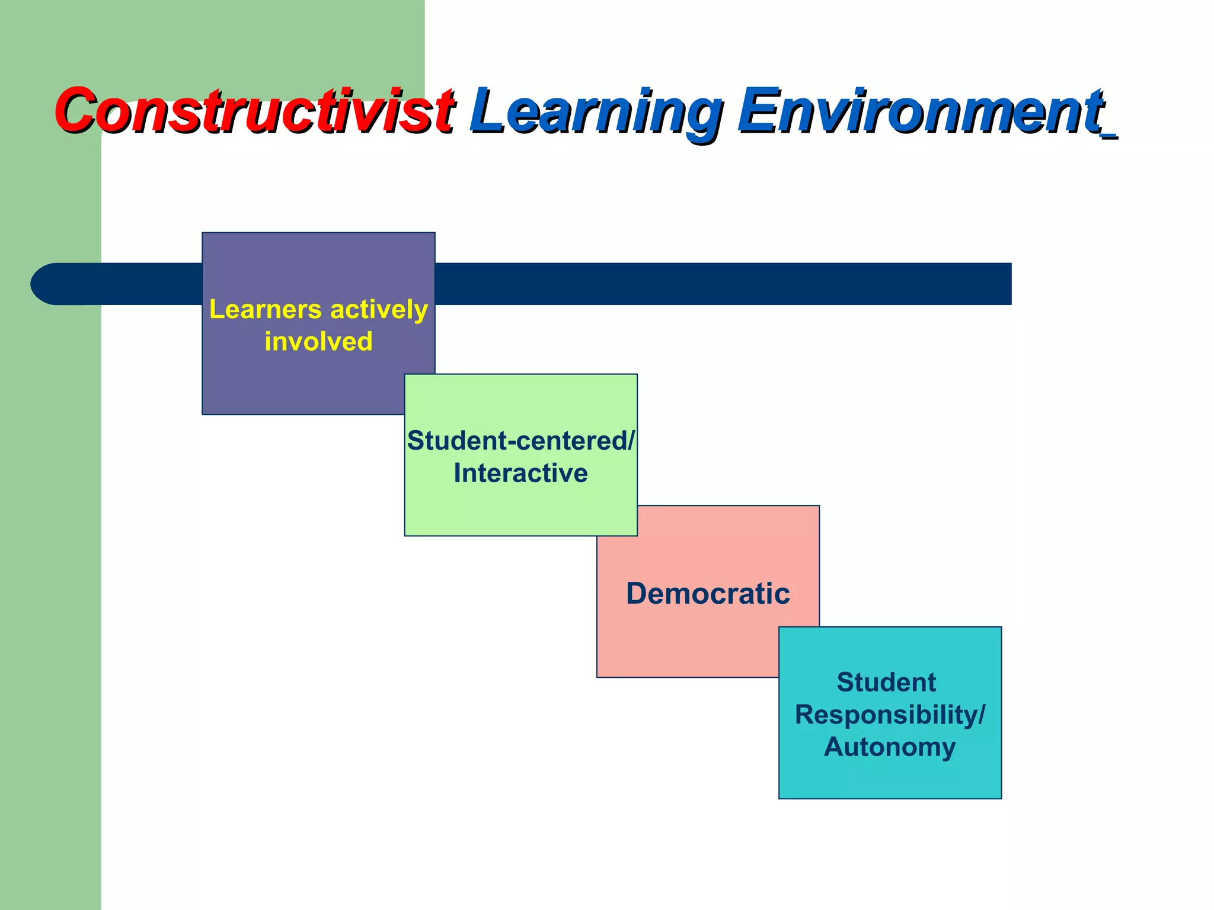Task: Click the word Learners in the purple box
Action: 265,310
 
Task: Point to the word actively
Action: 379,310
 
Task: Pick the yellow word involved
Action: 318,342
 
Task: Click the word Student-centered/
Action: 520,441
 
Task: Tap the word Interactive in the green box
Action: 520,473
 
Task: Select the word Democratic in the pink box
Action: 708,594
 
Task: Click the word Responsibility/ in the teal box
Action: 889,714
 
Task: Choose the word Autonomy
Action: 889,747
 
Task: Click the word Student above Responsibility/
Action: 886,682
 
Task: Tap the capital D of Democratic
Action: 639,594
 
